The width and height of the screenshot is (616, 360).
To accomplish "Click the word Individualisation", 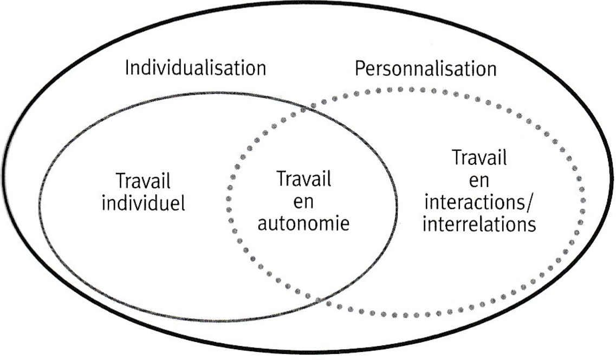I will tap(196, 69).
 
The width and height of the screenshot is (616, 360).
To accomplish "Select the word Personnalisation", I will tap(425, 69).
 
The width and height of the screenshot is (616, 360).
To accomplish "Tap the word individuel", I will tap(144, 203).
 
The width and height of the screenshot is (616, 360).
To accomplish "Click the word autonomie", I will tap(303, 223).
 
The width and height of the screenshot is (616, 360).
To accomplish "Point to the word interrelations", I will tap(479, 223).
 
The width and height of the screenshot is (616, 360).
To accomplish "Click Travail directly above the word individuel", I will tap(144, 182).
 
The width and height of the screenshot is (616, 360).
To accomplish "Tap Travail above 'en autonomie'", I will tap(303, 179).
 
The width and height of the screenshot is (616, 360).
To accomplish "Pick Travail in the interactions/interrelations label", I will tap(479, 158).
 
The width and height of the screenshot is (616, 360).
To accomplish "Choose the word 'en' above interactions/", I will tap(479, 180).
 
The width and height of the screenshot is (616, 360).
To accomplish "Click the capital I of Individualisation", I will tap(128, 69).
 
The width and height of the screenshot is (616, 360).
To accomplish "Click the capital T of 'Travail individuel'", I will tap(120, 182).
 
